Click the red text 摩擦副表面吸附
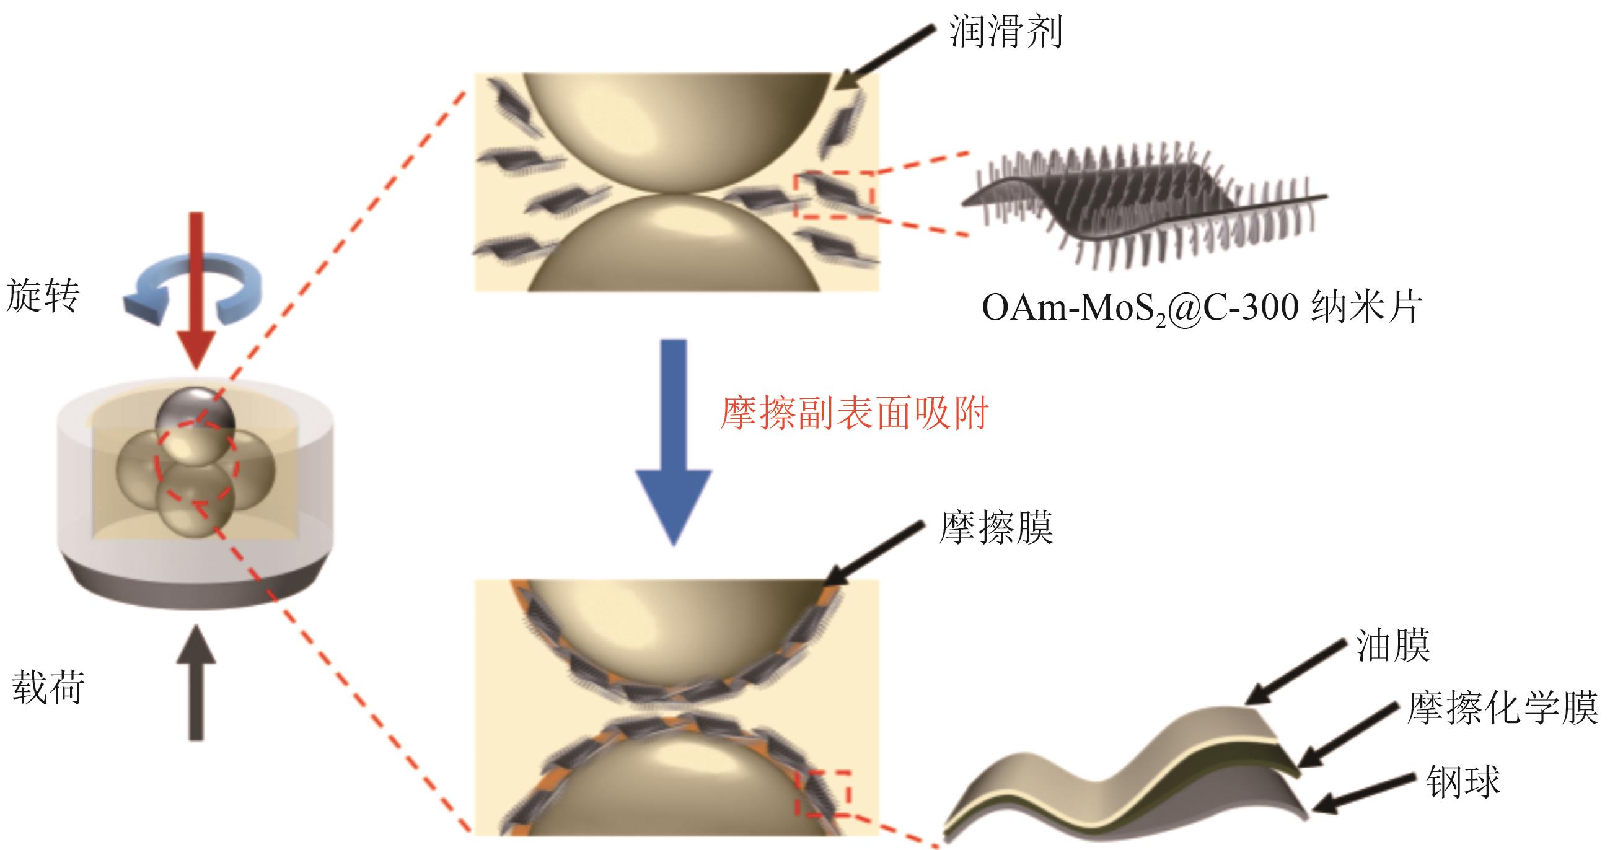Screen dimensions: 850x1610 (x=854, y=413)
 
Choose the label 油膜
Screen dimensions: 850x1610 (x=1393, y=646)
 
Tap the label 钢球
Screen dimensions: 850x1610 (x=1463, y=781)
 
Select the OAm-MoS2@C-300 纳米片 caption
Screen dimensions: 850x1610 (x=1201, y=307)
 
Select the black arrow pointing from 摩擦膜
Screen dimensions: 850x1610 (x=875, y=554)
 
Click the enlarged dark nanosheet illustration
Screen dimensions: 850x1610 (x=1144, y=206)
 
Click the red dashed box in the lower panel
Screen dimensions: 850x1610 (x=822, y=793)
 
